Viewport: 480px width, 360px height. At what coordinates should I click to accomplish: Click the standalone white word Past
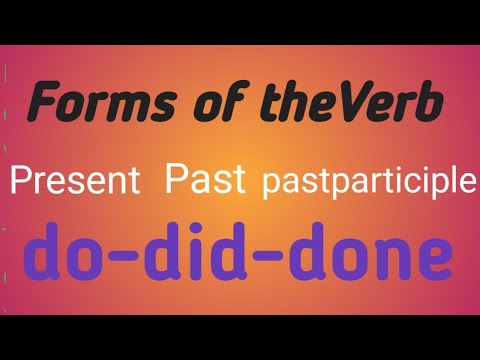point(205,181)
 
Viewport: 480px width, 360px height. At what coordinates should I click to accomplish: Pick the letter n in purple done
point(387,260)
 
